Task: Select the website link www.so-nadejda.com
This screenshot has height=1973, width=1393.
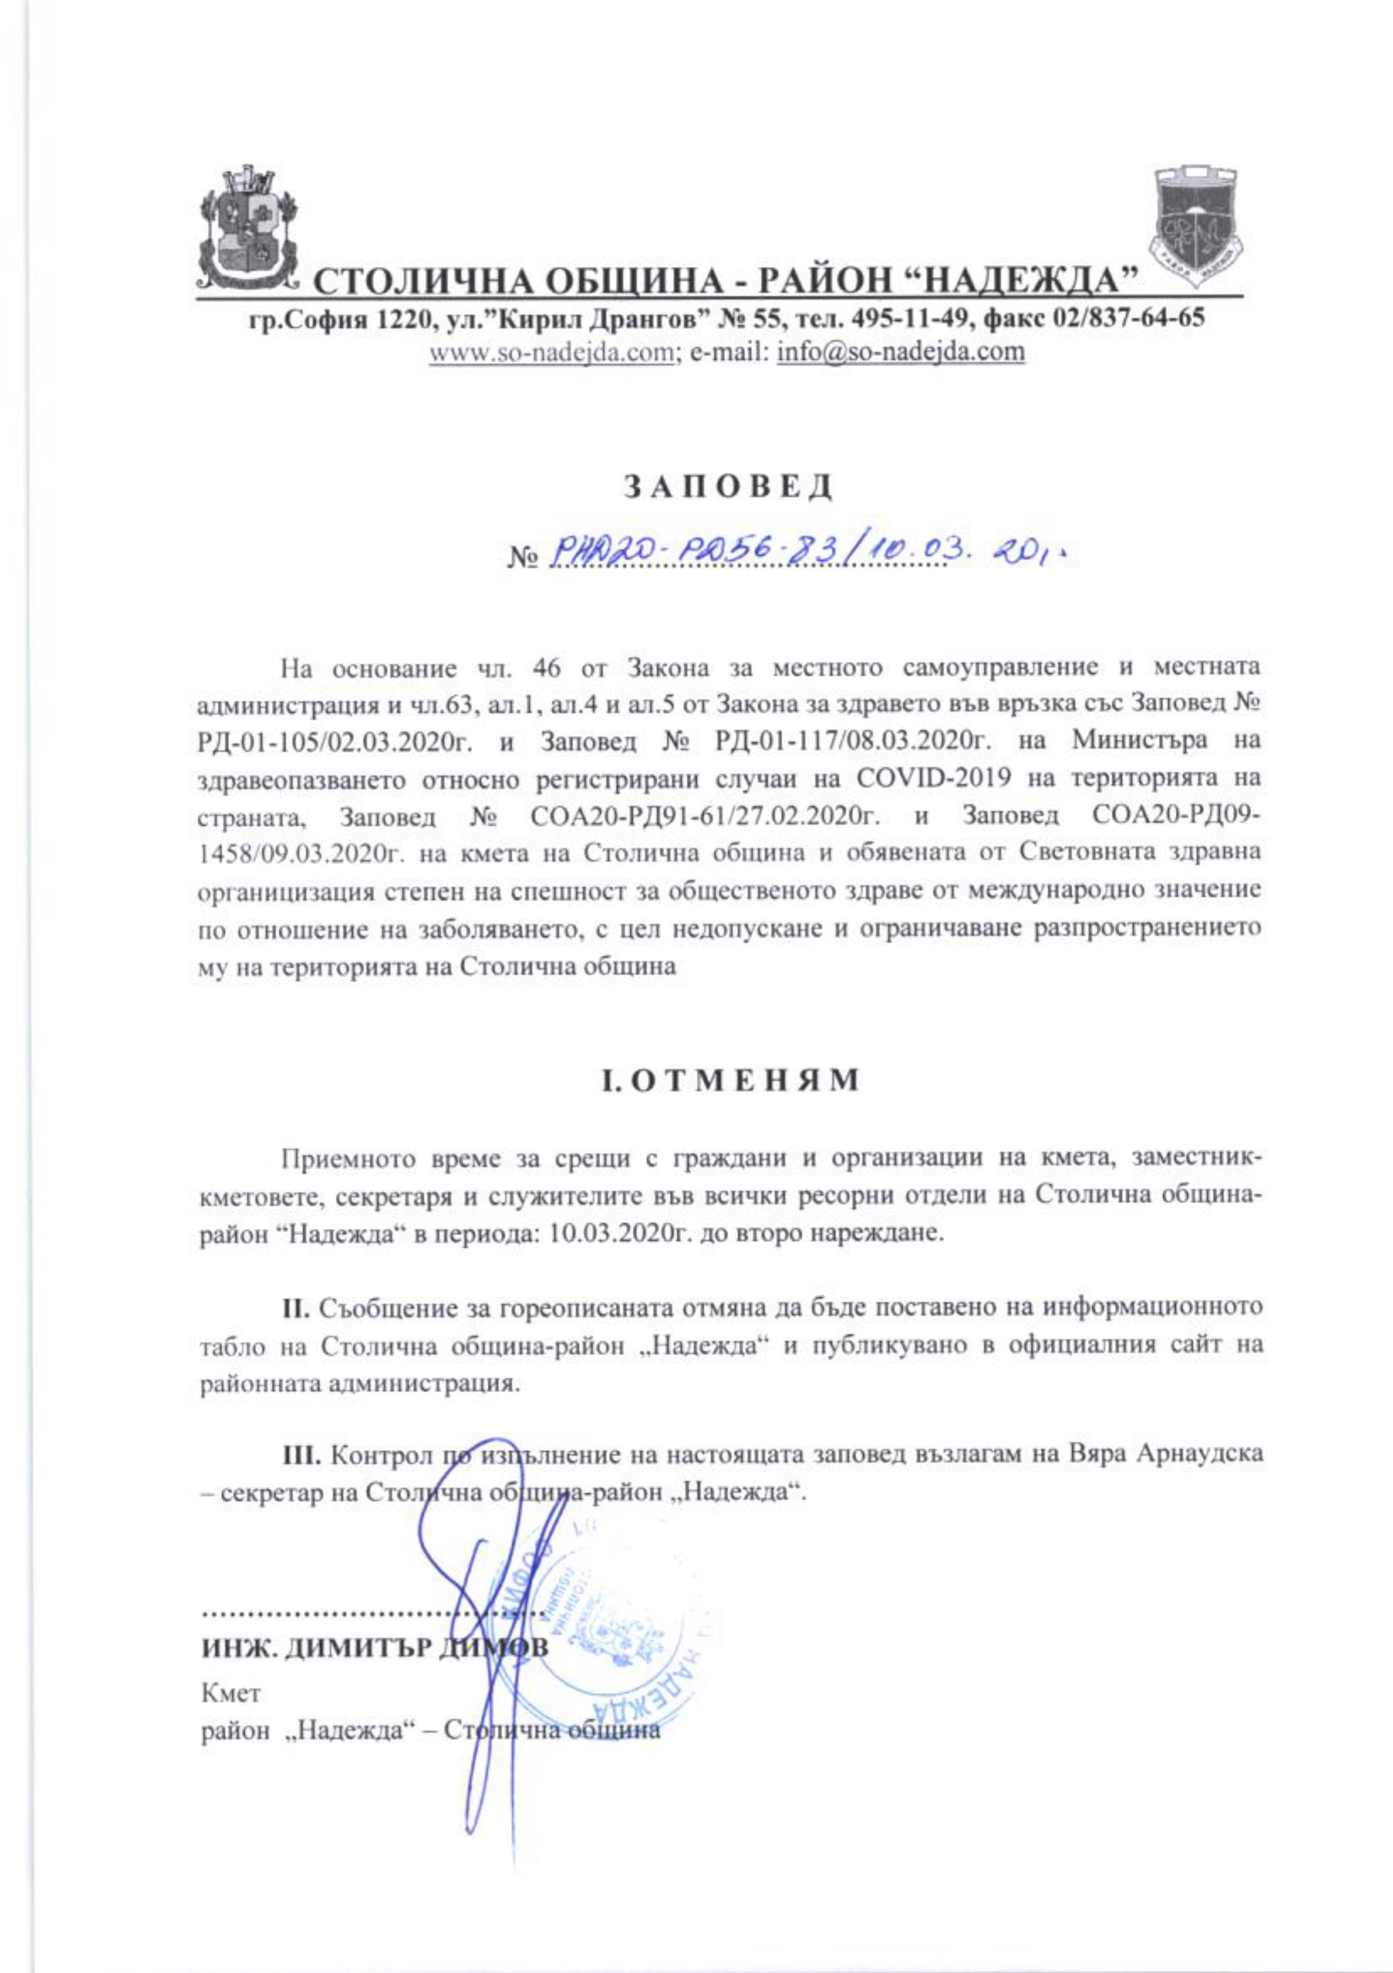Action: pos(550,352)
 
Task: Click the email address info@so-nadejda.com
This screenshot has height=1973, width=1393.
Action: pos(901,352)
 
